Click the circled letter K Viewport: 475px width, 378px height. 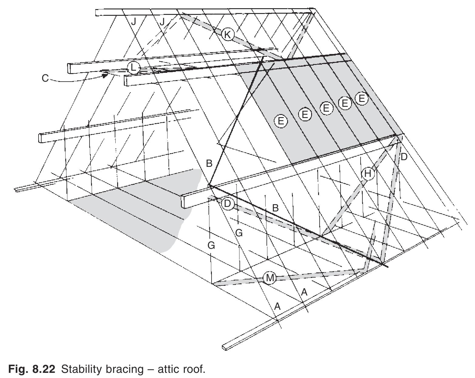[x=227, y=35]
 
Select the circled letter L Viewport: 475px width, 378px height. [x=133, y=68]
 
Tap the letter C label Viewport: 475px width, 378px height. [x=45, y=79]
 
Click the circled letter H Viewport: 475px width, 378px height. [x=368, y=174]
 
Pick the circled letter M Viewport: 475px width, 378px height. [x=270, y=278]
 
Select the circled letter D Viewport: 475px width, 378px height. [x=227, y=204]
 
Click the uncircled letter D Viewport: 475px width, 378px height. [x=404, y=157]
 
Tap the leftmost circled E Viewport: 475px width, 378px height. [x=280, y=121]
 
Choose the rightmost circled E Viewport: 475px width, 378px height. [x=361, y=99]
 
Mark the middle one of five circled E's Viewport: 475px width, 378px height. [x=326, y=108]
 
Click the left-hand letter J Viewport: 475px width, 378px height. [x=133, y=22]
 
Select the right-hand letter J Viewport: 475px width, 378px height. [x=162, y=22]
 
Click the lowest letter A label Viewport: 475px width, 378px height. [x=277, y=307]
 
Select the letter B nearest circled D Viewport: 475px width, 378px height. [x=275, y=208]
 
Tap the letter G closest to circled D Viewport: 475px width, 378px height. [x=239, y=233]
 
